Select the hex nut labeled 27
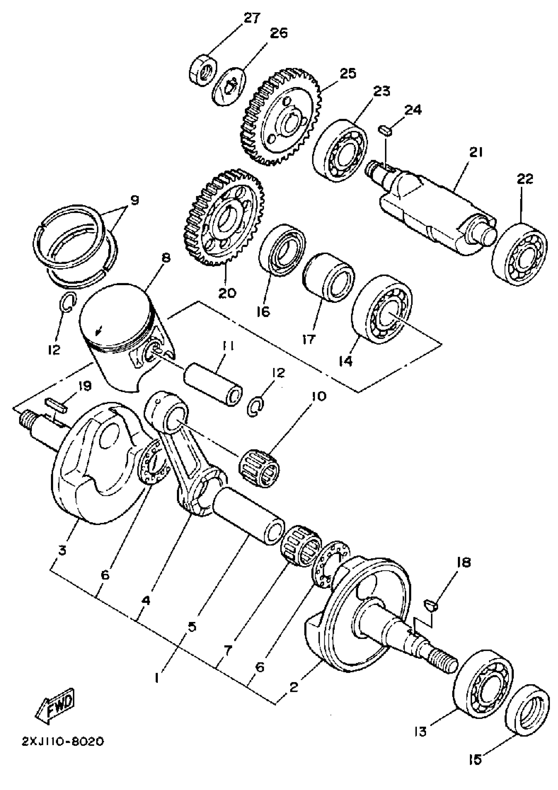click(203, 70)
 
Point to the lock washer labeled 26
click(228, 87)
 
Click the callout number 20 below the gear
click(227, 293)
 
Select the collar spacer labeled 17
click(329, 277)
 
